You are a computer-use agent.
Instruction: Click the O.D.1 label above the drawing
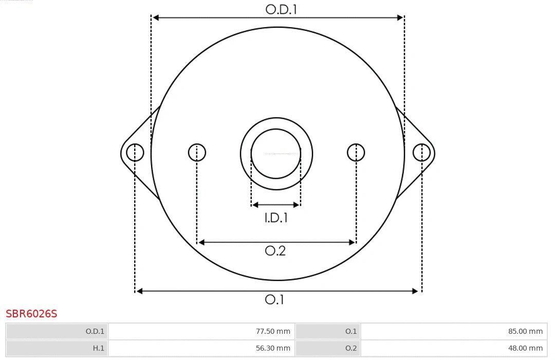point(281,9)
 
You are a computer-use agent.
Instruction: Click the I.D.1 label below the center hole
point(276,218)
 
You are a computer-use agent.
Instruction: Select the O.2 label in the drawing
point(275,251)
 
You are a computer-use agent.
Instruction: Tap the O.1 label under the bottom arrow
point(274,299)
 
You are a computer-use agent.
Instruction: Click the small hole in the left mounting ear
point(135,153)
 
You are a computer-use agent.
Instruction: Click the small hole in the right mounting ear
point(421,153)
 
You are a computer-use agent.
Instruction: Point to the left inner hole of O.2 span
point(197,153)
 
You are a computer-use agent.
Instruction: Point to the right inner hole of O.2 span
point(356,153)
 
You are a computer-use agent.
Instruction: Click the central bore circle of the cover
point(276,154)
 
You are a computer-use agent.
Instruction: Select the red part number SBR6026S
point(31,314)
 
